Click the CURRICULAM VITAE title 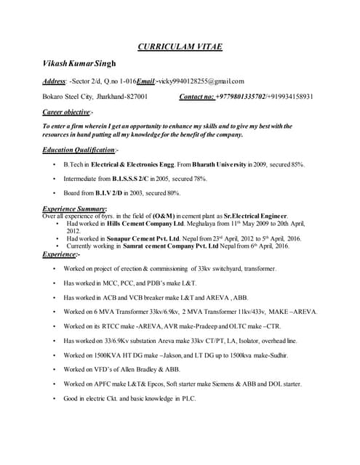click(x=180, y=47)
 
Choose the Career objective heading click(x=66, y=112)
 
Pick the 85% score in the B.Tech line click(x=297, y=166)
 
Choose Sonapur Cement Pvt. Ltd click(x=147, y=238)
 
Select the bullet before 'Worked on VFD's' click(x=55, y=370)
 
